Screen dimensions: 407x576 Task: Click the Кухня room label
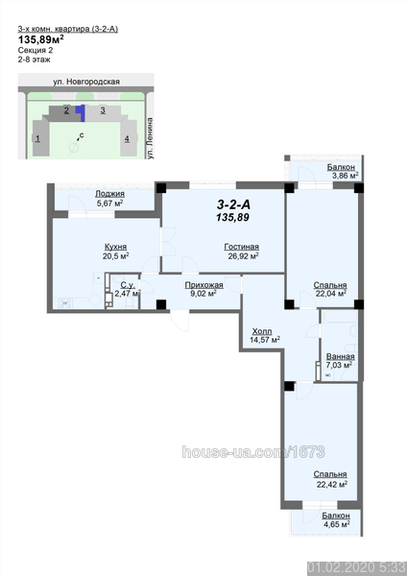[116, 247]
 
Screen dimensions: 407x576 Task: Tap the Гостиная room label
[241, 247]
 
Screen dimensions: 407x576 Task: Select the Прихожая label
[203, 285]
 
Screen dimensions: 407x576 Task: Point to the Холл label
[262, 331]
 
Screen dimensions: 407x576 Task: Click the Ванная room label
[341, 357]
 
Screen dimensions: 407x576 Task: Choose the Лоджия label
[109, 194]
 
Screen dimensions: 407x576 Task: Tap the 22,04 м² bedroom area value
[331, 293]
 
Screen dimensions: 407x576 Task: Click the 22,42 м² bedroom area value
[332, 484]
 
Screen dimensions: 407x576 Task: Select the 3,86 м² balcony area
[346, 176]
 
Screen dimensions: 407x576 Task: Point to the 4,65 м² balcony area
[337, 523]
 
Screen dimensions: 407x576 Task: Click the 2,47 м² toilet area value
[128, 293]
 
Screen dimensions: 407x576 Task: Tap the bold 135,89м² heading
[41, 39]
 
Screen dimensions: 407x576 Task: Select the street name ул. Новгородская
[86, 82]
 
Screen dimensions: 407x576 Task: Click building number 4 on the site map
[127, 138]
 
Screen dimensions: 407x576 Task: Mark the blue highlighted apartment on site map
[82, 112]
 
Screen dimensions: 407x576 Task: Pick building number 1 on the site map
[37, 138]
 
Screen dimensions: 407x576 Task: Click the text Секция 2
[36, 50]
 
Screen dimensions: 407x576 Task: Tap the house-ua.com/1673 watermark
[253, 452]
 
